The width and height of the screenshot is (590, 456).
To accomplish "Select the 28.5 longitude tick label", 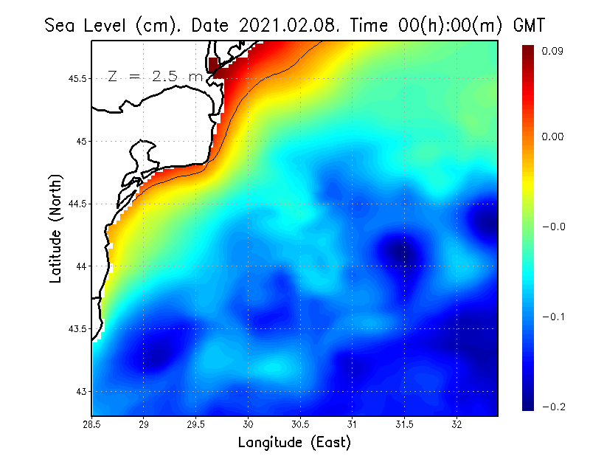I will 91,424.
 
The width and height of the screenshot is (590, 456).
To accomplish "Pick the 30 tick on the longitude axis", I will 249,424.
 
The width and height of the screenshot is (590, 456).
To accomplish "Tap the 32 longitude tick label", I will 457,424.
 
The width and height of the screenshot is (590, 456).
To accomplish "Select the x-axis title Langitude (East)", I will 294,443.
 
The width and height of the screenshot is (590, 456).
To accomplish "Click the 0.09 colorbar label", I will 554,51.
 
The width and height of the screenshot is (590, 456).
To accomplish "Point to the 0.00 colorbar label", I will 554,137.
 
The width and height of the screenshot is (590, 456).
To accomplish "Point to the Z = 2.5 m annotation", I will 155,76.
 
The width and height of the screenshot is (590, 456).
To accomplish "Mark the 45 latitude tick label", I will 82,141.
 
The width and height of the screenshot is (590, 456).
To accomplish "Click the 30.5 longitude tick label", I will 301,424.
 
